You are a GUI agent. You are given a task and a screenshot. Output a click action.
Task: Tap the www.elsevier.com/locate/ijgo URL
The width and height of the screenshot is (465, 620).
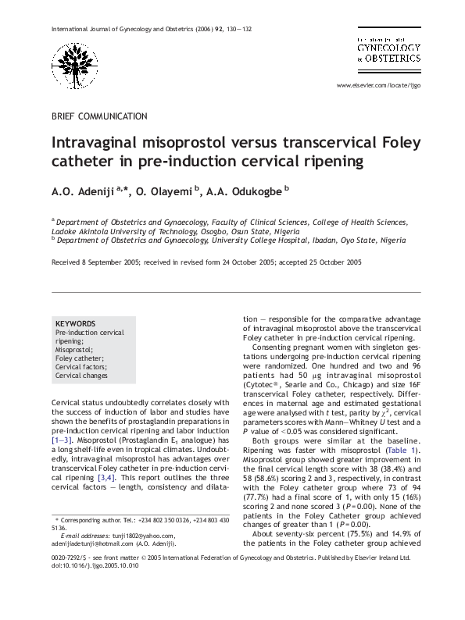tap(378, 85)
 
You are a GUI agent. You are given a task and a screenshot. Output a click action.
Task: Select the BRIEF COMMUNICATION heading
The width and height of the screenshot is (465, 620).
tap(99, 116)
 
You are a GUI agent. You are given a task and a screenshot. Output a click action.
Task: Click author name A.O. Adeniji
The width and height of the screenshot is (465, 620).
tap(82, 192)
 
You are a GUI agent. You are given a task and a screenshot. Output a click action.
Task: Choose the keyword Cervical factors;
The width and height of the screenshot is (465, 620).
tap(81, 367)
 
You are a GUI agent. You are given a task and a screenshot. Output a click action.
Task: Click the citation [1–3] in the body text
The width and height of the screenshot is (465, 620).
tap(67, 441)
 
